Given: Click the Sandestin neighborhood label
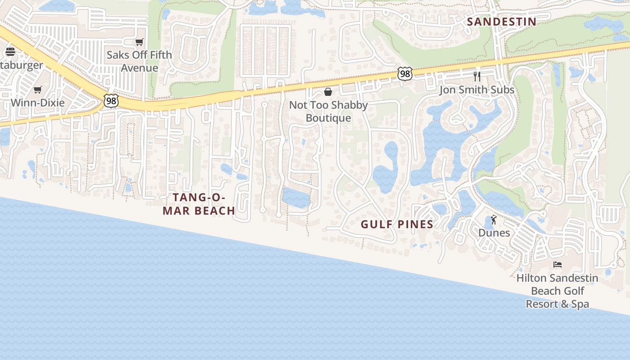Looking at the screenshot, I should coord(501,22).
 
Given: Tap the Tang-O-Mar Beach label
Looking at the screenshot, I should coord(198,204).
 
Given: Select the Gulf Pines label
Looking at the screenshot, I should coord(397,224).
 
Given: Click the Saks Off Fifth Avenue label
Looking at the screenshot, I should coord(139,61).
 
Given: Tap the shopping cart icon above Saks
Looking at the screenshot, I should coord(139,42).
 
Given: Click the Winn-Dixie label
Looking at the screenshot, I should coord(38,103).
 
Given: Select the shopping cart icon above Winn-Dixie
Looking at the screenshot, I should coord(38,90).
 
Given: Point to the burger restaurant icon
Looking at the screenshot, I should coord(10,52).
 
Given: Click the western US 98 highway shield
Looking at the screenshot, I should coord(111,100).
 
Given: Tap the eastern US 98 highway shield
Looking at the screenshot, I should coord(405,74).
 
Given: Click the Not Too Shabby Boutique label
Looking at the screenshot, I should coord(328,111).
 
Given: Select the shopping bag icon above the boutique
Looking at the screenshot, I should coord(328,92).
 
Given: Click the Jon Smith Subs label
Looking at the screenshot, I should coord(477,90).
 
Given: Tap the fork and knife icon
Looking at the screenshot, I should coord(477,76).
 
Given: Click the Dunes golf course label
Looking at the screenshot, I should coord(494,233).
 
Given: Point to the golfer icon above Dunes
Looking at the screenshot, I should coord(494,220).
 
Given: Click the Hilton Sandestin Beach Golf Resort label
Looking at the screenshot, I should coord(557,291).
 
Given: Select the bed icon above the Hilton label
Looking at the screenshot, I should coord(558,265).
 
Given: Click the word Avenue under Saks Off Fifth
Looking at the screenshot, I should coord(139,68).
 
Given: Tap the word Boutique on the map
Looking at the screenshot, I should coord(328,118).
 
